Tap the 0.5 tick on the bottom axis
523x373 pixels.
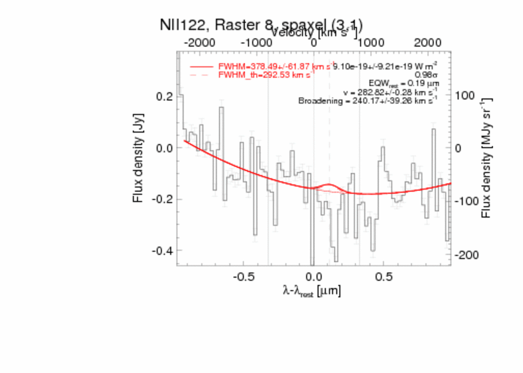point(384,276)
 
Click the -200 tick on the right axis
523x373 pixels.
point(467,255)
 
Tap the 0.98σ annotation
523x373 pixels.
point(426,75)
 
